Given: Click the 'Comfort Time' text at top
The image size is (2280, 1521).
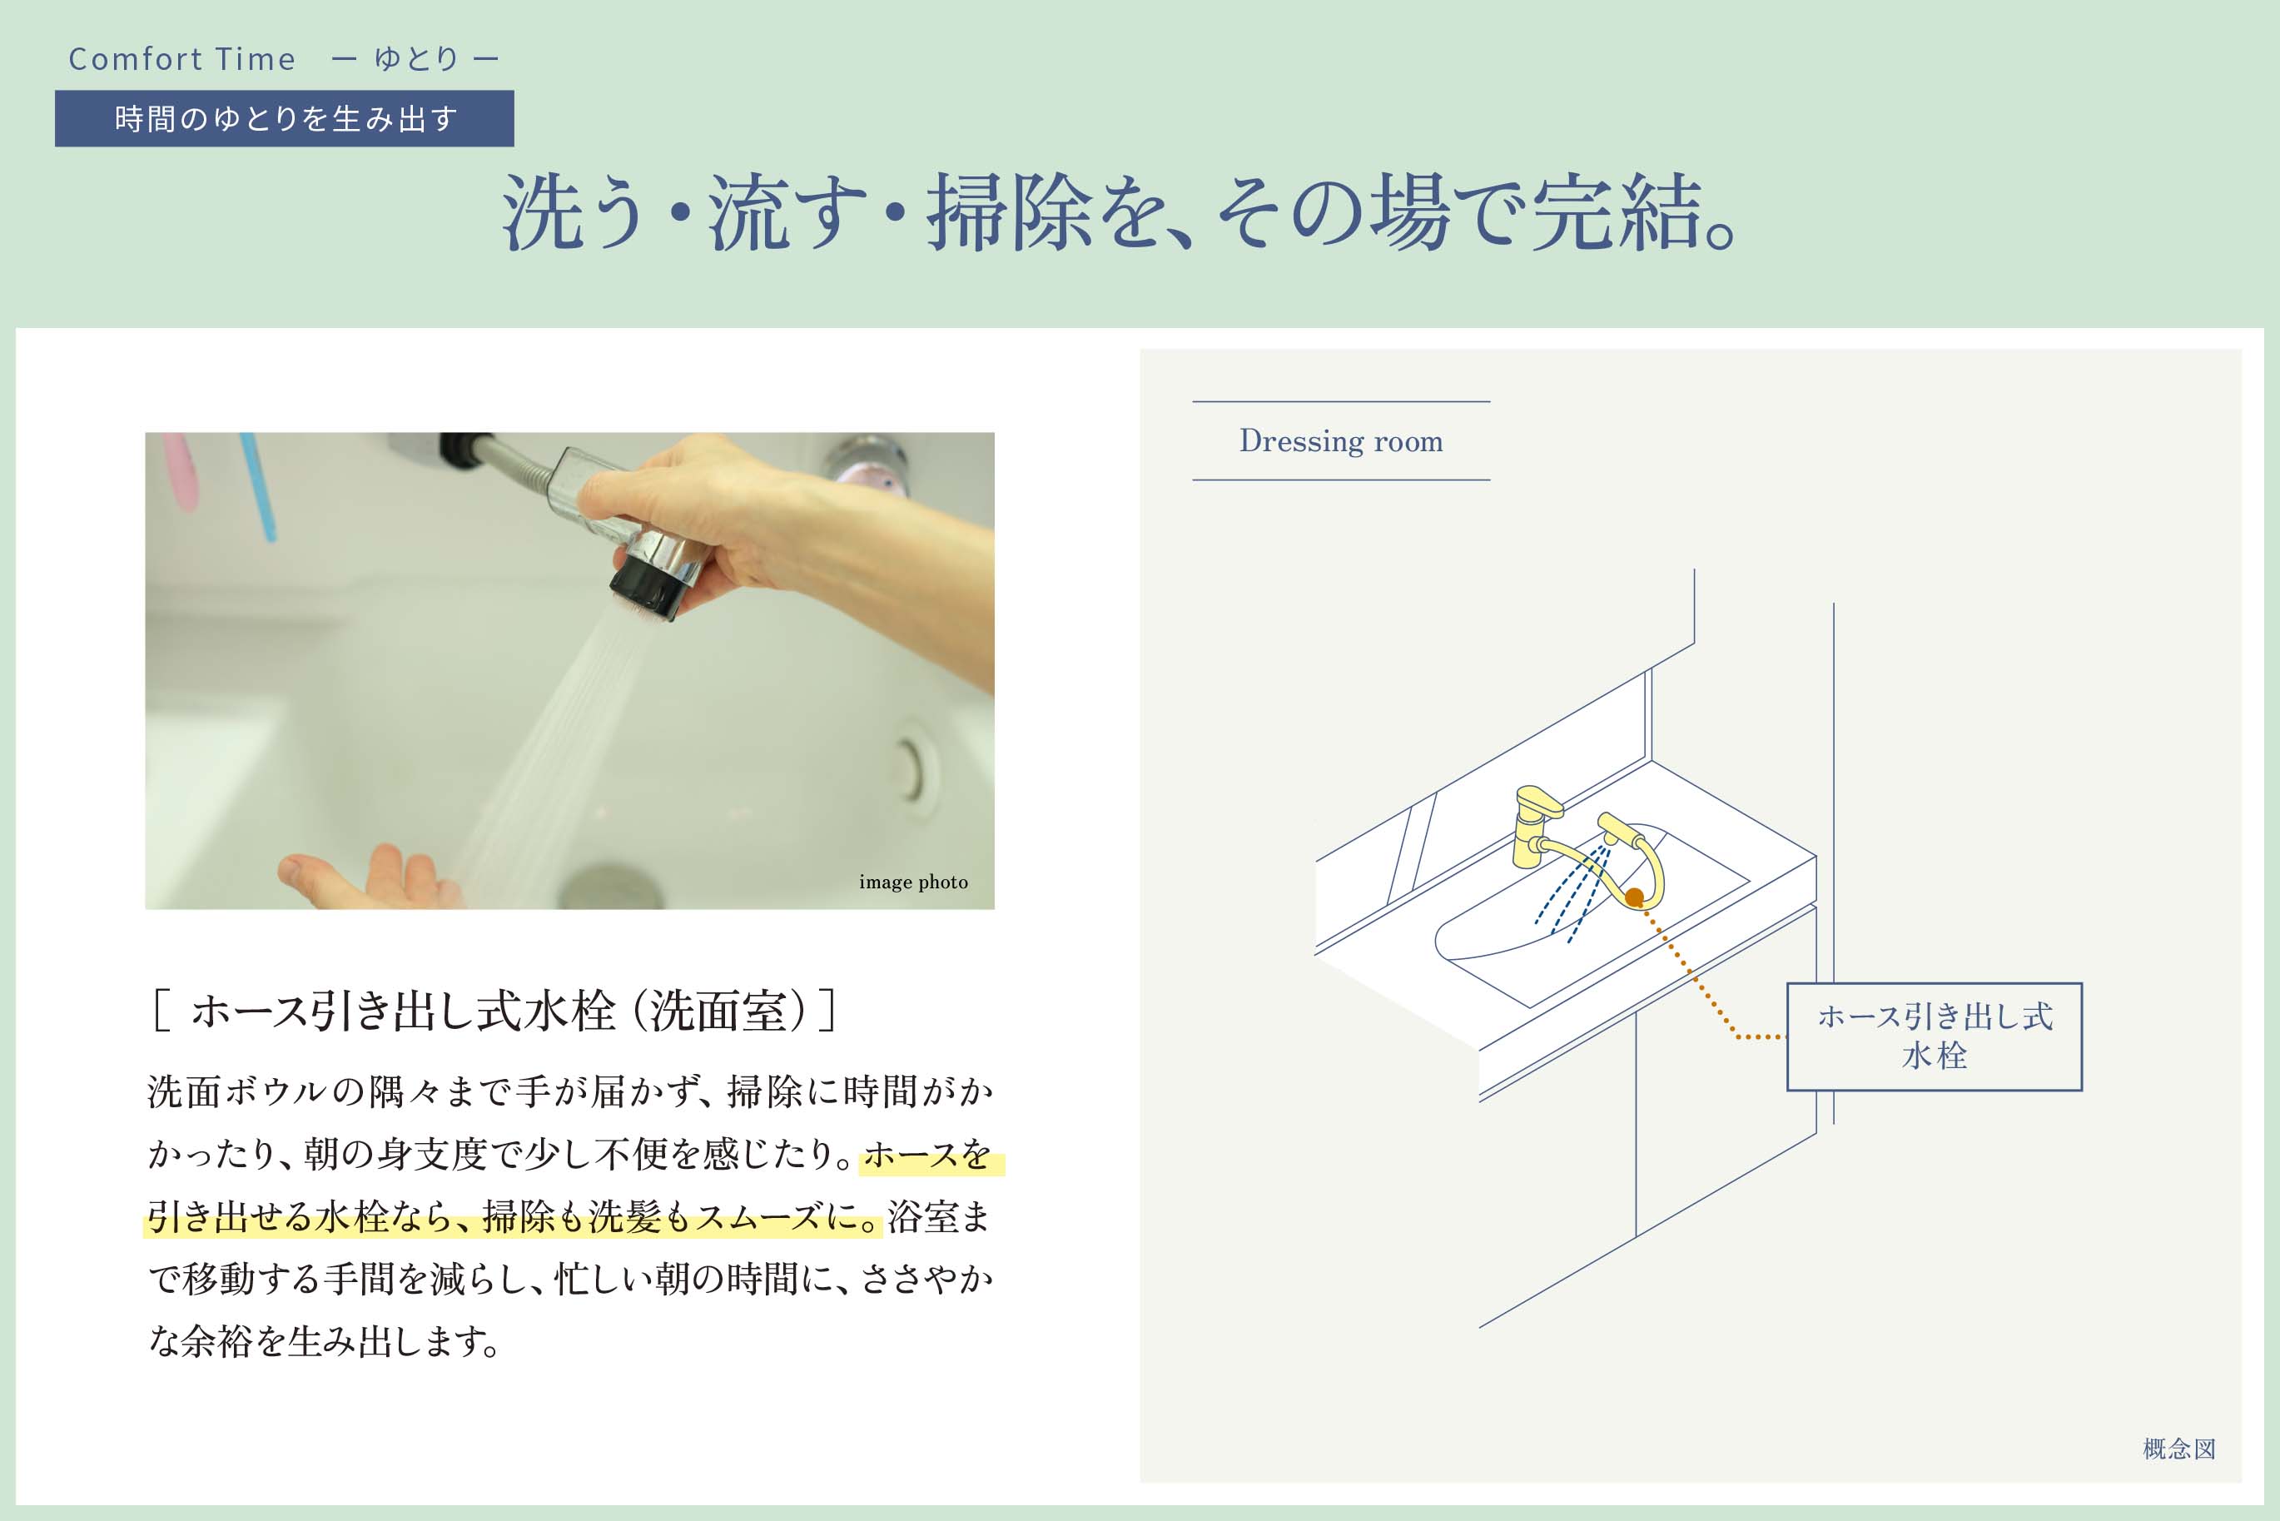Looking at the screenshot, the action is coord(181,59).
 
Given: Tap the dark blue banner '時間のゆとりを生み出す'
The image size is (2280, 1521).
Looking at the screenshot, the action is coord(284,118).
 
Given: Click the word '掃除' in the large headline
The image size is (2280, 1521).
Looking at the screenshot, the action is coord(1010,212).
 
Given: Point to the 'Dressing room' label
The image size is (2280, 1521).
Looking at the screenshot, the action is coord(1341,441).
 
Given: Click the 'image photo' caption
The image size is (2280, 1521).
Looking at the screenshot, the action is coord(912,882).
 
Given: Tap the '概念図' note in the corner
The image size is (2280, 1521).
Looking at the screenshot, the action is coord(2179,1449).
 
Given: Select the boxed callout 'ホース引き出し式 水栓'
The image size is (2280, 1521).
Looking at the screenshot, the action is coord(1934,1036).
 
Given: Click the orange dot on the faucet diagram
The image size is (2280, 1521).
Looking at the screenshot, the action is coord(1634,897).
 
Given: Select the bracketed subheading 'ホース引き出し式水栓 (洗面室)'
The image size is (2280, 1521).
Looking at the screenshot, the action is coord(494,1011).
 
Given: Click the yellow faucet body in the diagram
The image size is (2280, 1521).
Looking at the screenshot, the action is coord(1534,827).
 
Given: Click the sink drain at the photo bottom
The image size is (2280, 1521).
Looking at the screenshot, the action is coord(610,887).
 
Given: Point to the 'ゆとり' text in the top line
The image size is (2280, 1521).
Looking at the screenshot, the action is coord(416,59).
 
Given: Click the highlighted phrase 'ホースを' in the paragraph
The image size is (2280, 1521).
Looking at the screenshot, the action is coord(927,1155).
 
